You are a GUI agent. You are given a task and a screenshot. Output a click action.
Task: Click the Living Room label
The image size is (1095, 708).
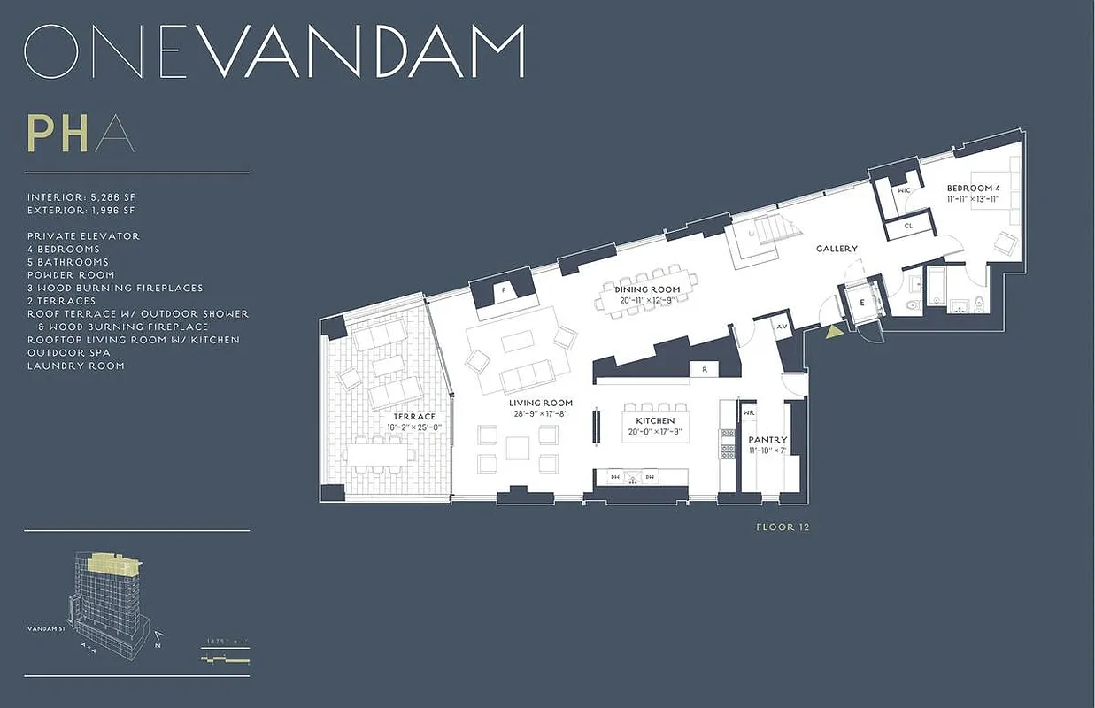[541, 403]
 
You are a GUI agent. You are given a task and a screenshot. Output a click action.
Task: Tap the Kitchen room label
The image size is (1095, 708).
[655, 420]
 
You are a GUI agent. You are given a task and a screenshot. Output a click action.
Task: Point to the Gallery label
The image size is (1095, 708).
[837, 249]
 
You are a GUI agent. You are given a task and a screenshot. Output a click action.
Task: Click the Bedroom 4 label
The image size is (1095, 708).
[973, 189]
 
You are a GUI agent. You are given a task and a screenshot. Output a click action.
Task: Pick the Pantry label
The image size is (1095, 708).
[767, 439]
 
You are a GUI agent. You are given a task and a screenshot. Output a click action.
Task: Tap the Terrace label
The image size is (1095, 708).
[414, 417]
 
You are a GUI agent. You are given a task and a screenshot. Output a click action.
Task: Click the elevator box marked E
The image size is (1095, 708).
[863, 301]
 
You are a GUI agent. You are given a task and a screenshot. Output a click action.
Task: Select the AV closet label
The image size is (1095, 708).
[782, 327]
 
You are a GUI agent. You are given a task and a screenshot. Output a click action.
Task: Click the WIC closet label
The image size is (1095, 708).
[904, 190]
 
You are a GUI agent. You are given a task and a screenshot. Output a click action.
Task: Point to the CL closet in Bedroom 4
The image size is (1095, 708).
[909, 226]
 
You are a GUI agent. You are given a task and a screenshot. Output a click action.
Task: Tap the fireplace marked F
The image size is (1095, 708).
[504, 289]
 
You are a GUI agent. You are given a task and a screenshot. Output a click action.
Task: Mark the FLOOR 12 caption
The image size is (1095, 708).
[783, 527]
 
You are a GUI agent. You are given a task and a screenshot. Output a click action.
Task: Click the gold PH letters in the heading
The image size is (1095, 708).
[58, 134]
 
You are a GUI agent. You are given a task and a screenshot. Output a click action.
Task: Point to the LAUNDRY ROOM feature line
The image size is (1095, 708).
[75, 366]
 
